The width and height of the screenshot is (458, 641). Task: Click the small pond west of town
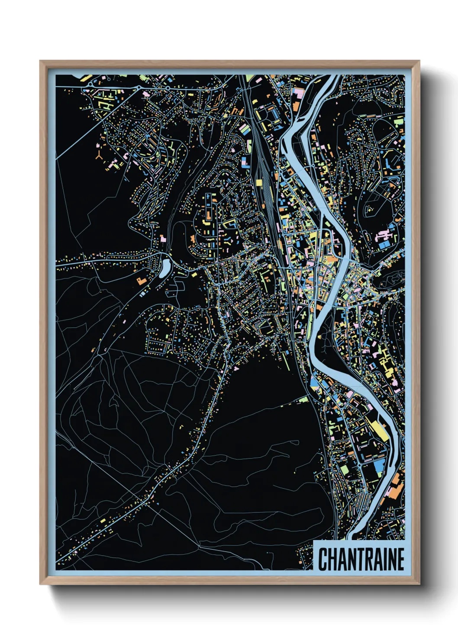tap(165, 267)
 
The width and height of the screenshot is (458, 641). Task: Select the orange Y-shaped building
tap(99, 156)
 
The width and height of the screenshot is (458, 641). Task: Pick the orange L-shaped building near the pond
tap(141, 281)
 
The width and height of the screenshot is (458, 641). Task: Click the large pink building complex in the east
tap(383, 236)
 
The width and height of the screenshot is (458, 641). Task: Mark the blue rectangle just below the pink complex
tap(384, 246)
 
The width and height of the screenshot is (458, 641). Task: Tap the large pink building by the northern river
tap(299, 92)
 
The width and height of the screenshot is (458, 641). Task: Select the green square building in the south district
tap(344, 469)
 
